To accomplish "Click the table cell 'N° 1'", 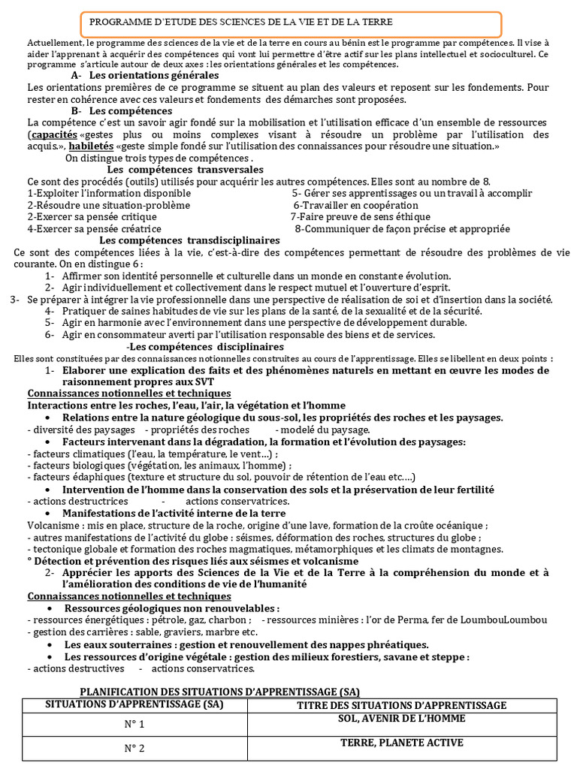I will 134,725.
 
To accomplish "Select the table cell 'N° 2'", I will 134,748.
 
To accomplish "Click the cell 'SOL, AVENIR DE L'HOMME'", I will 402,719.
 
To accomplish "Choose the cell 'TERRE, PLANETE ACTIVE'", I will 402,743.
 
